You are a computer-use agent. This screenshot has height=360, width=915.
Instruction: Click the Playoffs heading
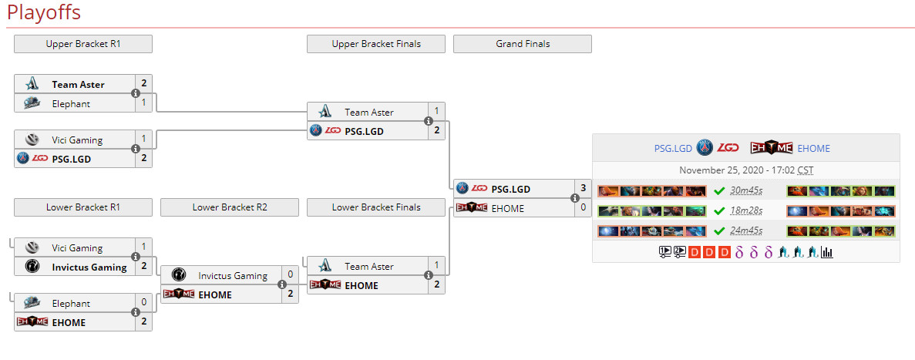point(44,13)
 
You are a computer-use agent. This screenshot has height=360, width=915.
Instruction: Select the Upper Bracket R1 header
point(82,44)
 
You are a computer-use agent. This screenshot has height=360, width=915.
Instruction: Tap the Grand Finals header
point(522,44)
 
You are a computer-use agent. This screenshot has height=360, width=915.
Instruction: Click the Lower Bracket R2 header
point(229,207)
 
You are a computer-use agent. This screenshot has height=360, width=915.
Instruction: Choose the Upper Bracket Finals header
point(375,44)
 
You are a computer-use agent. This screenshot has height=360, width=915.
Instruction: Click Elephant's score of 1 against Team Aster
point(143,103)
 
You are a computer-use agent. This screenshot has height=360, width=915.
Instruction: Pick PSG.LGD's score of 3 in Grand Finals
point(583,188)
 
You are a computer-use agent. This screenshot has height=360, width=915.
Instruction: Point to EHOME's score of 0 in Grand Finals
point(583,207)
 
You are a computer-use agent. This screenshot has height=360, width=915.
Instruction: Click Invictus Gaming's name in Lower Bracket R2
point(233,275)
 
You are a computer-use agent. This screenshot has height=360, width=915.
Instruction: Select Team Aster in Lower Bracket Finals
point(368,266)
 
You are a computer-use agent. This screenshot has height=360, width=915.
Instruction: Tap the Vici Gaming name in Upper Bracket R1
point(77,140)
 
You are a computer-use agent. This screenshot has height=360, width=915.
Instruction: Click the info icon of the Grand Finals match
point(575,198)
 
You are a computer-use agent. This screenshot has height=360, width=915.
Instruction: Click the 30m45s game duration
point(746,191)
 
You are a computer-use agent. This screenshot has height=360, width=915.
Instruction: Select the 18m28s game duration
point(746,210)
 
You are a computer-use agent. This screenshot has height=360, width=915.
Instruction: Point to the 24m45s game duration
point(746,230)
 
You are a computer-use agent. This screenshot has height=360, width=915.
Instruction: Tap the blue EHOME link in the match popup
point(813,148)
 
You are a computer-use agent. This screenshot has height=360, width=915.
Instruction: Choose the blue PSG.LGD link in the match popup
point(673,148)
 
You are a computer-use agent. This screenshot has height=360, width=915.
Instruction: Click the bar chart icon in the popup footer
point(827,251)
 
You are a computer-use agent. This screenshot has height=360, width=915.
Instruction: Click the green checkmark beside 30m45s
point(719,191)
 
